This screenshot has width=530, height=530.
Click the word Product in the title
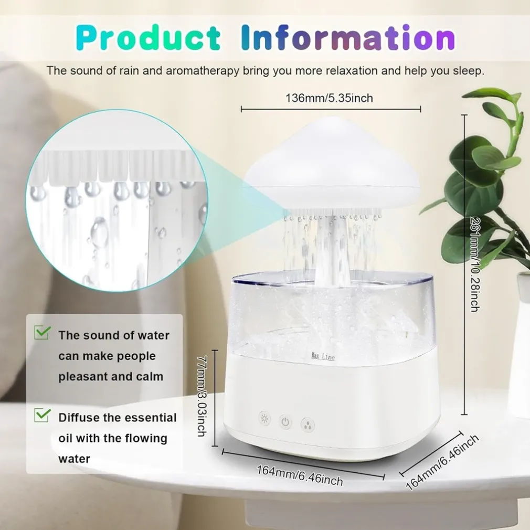click(x=149, y=38)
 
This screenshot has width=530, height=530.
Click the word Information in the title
click(x=348, y=37)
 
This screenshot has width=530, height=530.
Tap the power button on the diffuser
click(x=285, y=422)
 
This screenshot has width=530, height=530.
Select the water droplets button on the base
click(x=308, y=425)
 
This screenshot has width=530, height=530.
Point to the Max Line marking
click(x=323, y=356)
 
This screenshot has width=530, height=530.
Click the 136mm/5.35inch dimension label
click(x=329, y=98)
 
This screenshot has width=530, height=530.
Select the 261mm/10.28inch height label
click(x=474, y=264)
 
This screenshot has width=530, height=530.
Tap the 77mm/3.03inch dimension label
click(x=202, y=396)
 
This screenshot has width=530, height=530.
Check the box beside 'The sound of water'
click(x=43, y=333)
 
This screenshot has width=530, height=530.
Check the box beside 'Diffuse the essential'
click(x=43, y=415)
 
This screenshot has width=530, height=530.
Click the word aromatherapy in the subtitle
click(x=202, y=71)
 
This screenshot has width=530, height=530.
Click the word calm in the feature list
click(x=150, y=376)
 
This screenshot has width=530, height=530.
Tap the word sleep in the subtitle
click(x=469, y=71)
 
